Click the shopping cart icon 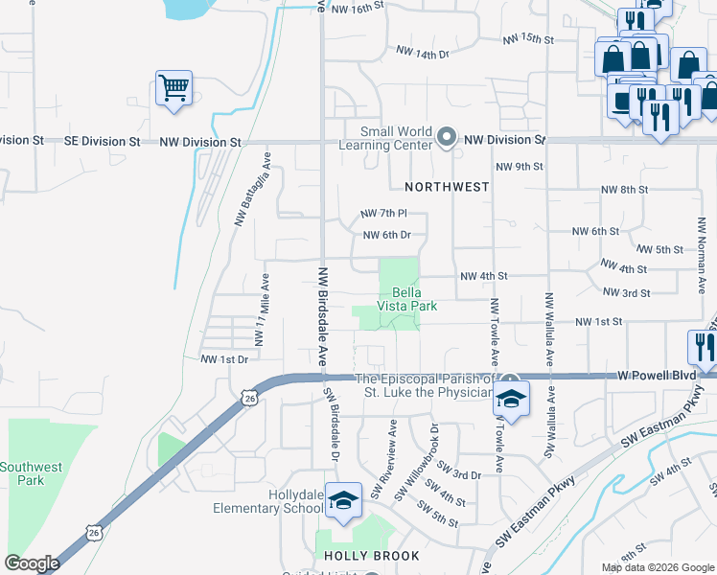coord(174,89)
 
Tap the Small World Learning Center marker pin coord(446,139)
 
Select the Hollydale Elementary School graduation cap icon coord(342,499)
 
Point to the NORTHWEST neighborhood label coord(447,187)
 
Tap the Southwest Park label coord(31,474)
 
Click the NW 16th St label coord(357,7)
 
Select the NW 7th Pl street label coord(383,213)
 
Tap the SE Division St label coord(102,141)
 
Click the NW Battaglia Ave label coord(254,189)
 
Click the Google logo coord(32,563)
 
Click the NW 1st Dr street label coord(224,359)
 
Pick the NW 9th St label coord(519,166)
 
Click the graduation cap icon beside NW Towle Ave coord(512,400)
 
